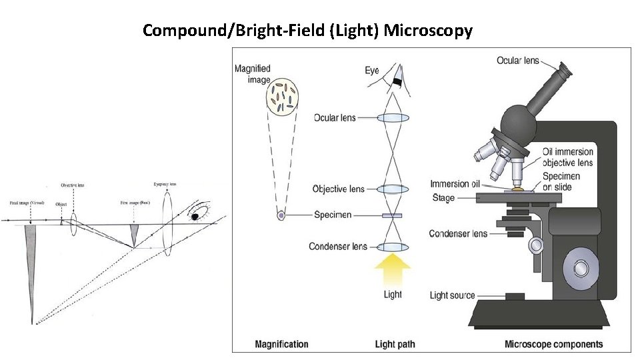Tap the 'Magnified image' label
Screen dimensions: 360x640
coord(253,74)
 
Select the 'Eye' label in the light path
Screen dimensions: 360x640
coord(372,70)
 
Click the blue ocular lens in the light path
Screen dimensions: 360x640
coord(393,118)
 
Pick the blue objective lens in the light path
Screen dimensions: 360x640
coord(393,189)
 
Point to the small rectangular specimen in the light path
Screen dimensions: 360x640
coord(393,215)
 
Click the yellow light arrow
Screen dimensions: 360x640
coord(393,271)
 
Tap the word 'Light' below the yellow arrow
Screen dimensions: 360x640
coord(393,295)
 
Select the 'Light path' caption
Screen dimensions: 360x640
coord(395,344)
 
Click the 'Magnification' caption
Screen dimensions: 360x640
coord(281,344)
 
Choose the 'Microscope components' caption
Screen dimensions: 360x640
coord(553,344)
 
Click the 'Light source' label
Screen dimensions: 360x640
coord(453,295)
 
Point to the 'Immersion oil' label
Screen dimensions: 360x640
coord(455,184)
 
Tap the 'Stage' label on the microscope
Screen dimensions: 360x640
coord(443,198)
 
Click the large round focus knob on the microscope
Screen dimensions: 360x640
coord(579,270)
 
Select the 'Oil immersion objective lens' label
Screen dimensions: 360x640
coord(567,157)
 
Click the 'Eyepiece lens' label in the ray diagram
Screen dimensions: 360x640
coord(164,184)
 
